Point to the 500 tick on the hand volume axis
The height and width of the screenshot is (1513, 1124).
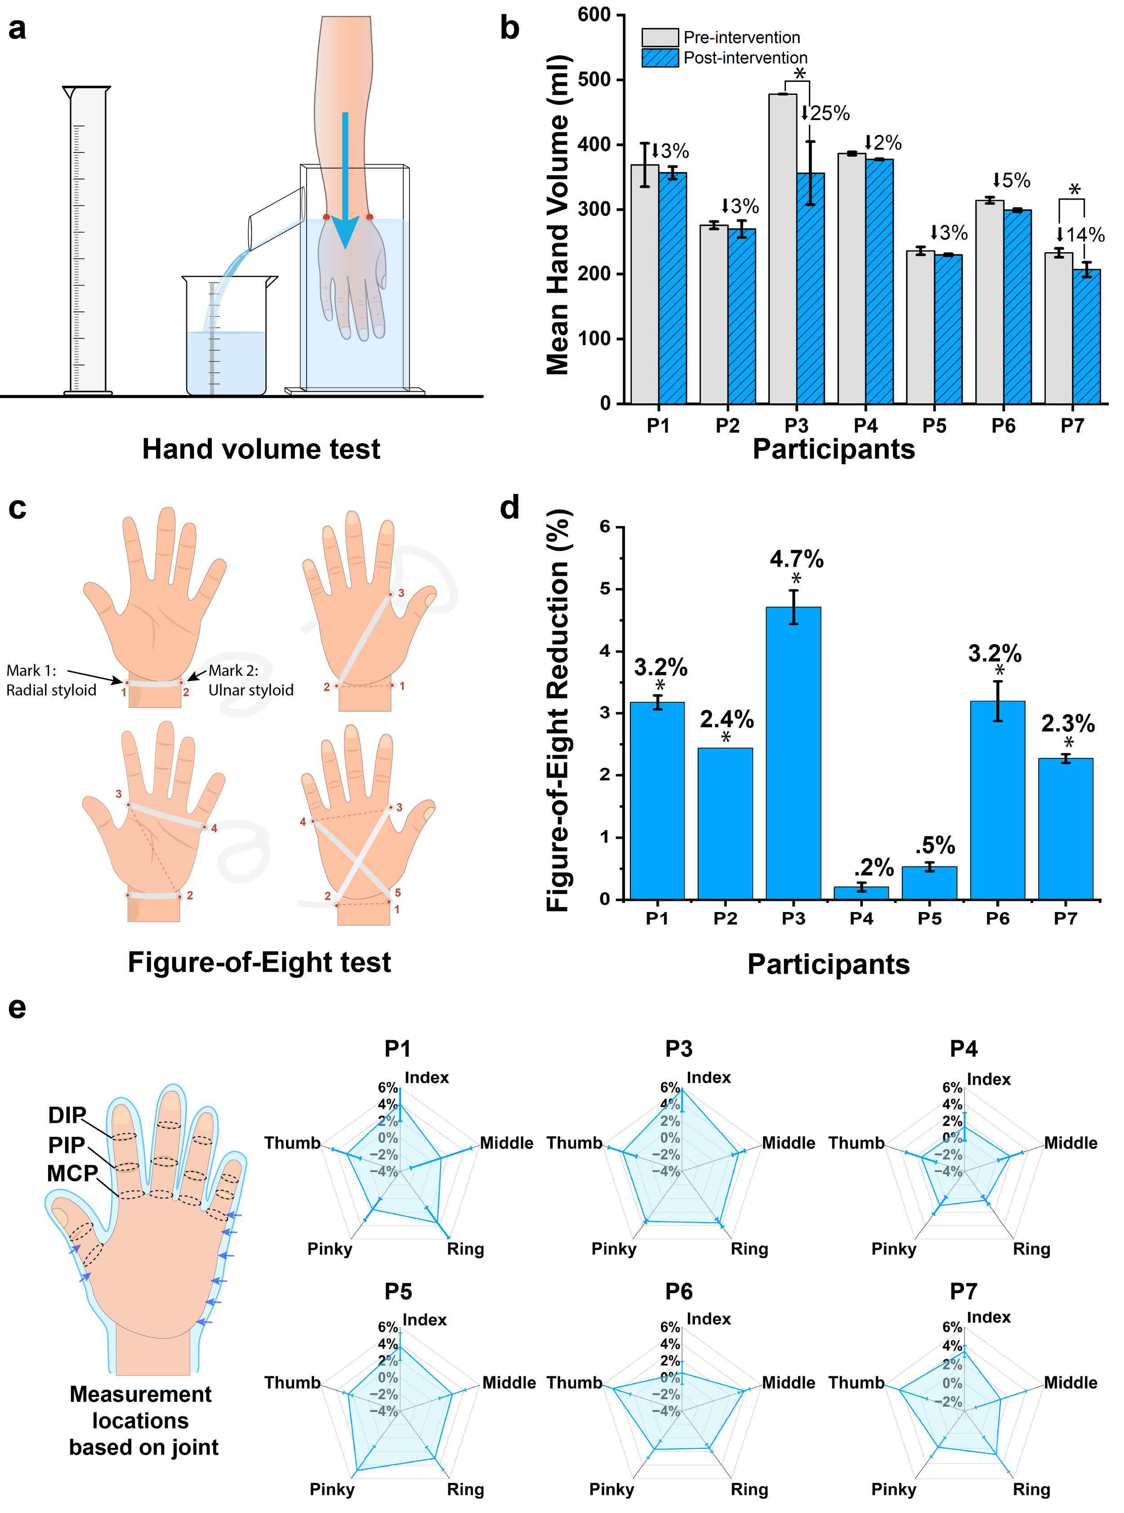[594, 80]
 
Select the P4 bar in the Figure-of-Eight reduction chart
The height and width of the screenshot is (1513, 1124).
[861, 893]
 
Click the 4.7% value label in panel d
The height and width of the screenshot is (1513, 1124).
[796, 559]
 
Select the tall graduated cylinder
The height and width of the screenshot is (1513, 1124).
[88, 241]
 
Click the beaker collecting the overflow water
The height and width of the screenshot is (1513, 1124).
[227, 337]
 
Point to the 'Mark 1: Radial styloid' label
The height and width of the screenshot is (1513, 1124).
[51, 680]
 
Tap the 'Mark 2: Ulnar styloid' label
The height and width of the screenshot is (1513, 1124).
[250, 680]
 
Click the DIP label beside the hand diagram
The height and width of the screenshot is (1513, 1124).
[67, 1115]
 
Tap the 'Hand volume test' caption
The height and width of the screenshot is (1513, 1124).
[261, 449]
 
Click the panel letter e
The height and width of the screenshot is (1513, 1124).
[17, 1007]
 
